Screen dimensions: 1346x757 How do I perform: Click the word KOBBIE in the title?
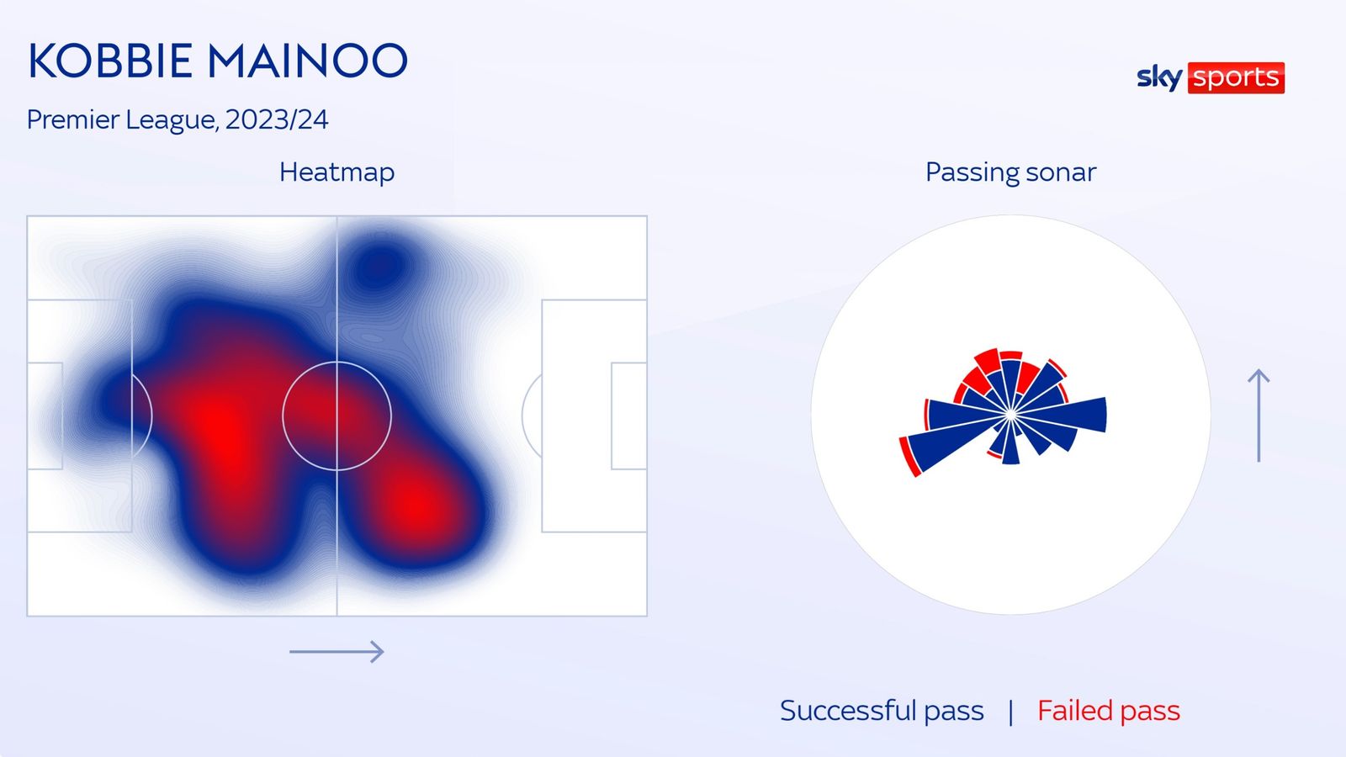(110, 61)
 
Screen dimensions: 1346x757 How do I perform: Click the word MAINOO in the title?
(308, 61)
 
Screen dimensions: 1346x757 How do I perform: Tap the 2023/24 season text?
(277, 119)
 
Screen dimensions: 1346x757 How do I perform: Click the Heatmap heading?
(337, 172)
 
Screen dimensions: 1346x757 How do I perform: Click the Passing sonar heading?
(1010, 172)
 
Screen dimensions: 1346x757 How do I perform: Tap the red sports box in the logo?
(1236, 78)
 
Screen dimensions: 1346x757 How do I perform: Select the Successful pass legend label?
(882, 711)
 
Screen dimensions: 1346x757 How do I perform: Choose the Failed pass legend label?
(1109, 711)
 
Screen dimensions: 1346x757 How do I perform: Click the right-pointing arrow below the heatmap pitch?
(336, 651)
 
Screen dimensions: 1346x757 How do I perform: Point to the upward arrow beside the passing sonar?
(1259, 416)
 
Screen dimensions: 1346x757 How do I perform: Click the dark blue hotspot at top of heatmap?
(379, 266)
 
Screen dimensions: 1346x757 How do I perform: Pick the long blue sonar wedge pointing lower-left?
(956, 443)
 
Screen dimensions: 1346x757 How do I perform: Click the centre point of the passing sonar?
(1010, 415)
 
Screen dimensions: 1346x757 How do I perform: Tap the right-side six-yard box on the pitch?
(629, 416)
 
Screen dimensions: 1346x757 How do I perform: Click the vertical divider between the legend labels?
(1010, 712)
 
